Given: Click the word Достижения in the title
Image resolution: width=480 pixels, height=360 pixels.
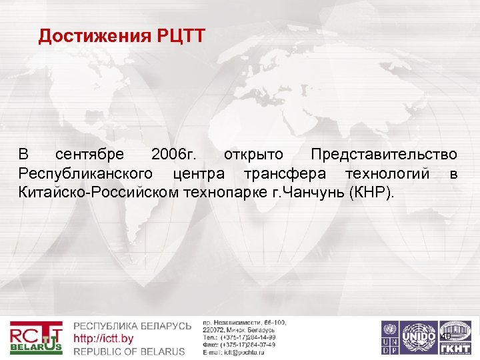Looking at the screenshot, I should point(93,36).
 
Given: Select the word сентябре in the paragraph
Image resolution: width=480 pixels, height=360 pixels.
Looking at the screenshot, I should point(89,155).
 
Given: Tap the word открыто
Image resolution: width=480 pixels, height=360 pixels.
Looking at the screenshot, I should point(253,155).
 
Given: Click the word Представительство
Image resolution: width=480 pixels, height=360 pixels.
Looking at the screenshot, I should point(384,155).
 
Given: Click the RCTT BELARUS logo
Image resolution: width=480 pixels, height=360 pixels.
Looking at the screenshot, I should point(36,338).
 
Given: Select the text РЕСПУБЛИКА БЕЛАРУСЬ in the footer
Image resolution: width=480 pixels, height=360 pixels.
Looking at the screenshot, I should point(132,326).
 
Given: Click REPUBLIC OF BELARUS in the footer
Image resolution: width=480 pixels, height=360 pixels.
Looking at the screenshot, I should point(129,351).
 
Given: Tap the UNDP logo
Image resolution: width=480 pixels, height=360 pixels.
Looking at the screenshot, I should point(389,338).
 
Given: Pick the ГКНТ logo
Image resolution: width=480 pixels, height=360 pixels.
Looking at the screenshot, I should point(455,338).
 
